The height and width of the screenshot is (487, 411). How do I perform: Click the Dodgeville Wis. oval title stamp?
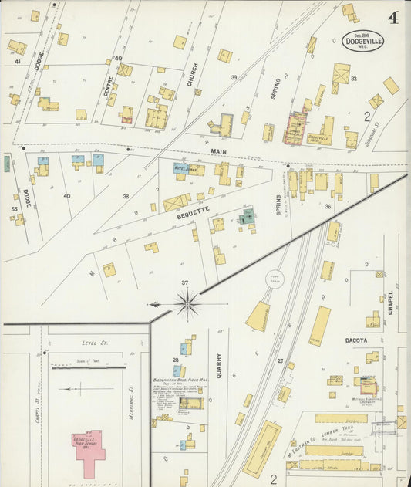point(365,40)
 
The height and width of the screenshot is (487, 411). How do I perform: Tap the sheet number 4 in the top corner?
point(392,18)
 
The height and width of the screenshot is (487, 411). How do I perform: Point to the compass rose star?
point(187,304)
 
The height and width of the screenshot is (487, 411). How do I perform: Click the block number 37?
point(184,283)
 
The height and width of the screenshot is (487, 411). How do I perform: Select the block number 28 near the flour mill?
point(176,360)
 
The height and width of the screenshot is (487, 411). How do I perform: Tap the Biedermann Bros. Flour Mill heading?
point(184,380)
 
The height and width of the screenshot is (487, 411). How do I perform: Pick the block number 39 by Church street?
point(233,78)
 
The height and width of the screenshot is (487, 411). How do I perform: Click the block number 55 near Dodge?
point(14,208)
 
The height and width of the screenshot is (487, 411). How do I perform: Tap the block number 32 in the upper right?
point(353,79)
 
